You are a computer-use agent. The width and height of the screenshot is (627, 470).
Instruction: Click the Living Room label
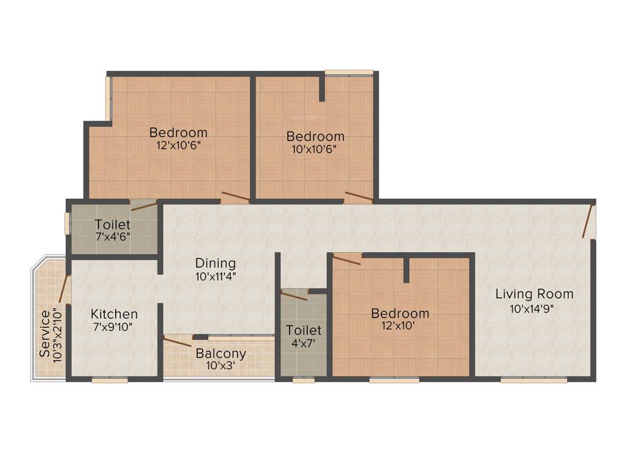tap(534, 294)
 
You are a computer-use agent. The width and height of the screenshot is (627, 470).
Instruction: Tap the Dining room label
tap(216, 263)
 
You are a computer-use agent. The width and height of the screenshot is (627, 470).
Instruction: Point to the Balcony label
tap(221, 354)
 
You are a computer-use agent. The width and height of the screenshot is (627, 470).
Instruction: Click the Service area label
tap(45, 334)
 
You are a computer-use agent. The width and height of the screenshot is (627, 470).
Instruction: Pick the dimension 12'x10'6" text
tap(178, 145)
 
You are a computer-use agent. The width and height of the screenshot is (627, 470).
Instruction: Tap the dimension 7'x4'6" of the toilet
tap(112, 236)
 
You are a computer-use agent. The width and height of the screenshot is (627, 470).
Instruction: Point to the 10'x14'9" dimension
tap(532, 308)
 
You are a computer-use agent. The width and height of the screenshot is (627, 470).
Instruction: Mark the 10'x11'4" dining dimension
tap(216, 276)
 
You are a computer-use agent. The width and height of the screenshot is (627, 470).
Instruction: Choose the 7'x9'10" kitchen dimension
tap(113, 327)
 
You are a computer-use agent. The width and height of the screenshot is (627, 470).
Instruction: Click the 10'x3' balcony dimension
tap(220, 366)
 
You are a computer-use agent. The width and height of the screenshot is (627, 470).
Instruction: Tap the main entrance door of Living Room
tap(589, 222)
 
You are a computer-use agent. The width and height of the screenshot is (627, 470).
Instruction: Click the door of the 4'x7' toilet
tap(294, 296)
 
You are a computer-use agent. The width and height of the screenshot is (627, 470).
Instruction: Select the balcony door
tap(178, 342)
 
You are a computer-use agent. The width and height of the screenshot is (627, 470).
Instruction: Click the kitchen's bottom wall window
tap(110, 380)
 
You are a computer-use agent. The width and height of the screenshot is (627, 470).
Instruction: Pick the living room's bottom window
tap(533, 380)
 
